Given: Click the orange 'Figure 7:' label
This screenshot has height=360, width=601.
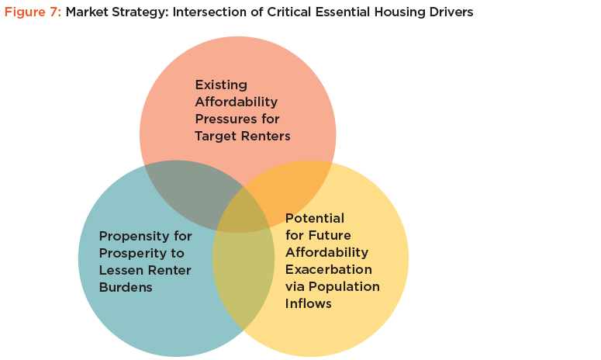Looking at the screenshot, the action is tap(33, 12).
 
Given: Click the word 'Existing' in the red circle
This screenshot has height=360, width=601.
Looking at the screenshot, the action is tap(221, 85).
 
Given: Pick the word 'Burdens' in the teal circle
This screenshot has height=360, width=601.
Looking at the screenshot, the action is tap(126, 287).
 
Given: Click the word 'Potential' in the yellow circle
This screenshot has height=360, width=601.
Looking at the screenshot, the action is tap(315, 219).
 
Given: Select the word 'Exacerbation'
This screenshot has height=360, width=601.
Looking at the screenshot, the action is tap(329, 269).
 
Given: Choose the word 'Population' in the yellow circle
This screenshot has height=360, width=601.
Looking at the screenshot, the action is tap(344, 287).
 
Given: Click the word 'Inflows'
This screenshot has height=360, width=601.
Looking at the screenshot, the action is tap(308, 303).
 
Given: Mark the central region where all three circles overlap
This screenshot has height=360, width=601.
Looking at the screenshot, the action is tap(242, 213).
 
